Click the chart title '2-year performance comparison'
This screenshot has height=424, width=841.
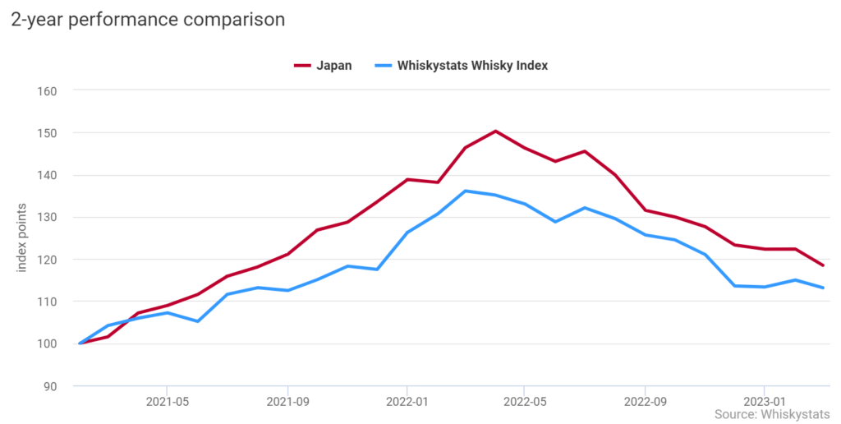point(148,20)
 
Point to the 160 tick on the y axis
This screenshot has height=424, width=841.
point(47,90)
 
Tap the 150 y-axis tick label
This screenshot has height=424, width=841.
point(47,133)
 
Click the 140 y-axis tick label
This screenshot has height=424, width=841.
point(47,175)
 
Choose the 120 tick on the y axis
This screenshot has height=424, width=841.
point(47,260)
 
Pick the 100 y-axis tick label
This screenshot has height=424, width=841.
point(47,343)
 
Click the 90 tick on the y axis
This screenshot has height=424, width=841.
point(50,386)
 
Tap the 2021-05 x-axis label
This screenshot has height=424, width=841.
point(168,403)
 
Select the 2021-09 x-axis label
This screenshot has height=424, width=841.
point(287,403)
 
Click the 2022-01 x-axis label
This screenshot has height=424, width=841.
point(407,403)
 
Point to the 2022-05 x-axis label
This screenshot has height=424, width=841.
point(526,403)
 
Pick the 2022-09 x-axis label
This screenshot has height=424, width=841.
point(646,403)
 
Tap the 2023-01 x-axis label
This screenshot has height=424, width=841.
point(765,403)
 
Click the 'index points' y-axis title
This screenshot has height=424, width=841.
point(22,239)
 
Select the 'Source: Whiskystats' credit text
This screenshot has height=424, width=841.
point(772,414)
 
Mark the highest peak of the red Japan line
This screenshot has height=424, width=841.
point(496,131)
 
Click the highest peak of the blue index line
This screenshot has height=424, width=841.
point(466,191)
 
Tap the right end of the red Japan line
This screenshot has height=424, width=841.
point(823,265)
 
